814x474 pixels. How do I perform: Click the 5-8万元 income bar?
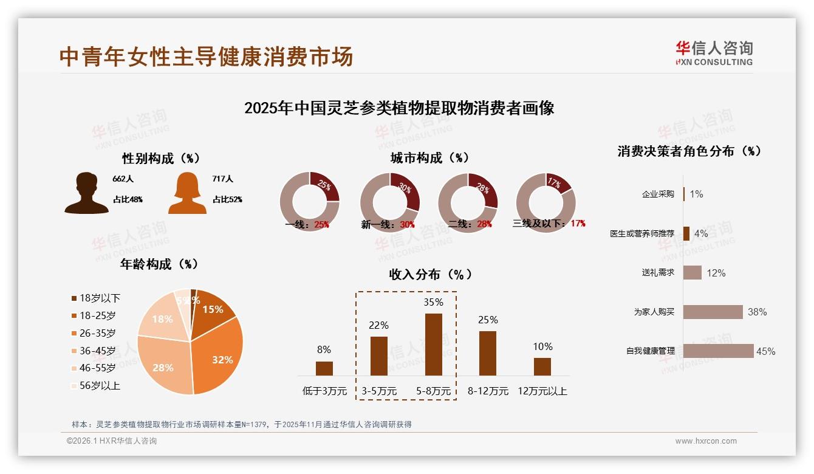(x=433, y=345)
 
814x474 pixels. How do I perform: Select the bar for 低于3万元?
(x=324, y=368)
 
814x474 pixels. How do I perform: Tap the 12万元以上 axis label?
(x=542, y=391)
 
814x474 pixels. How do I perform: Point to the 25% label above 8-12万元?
(x=488, y=320)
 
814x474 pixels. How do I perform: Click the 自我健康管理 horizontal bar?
(x=718, y=351)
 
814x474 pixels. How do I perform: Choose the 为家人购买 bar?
(x=713, y=312)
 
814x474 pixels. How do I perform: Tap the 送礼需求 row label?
(x=658, y=273)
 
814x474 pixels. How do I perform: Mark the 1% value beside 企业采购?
(x=696, y=194)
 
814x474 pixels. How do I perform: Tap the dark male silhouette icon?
(x=86, y=193)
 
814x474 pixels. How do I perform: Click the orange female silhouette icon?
(x=187, y=193)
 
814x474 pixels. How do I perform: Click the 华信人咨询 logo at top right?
(x=714, y=53)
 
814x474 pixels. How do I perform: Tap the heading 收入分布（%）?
(x=430, y=274)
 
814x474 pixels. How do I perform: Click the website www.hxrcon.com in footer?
(x=706, y=441)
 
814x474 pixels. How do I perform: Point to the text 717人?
(x=223, y=179)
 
